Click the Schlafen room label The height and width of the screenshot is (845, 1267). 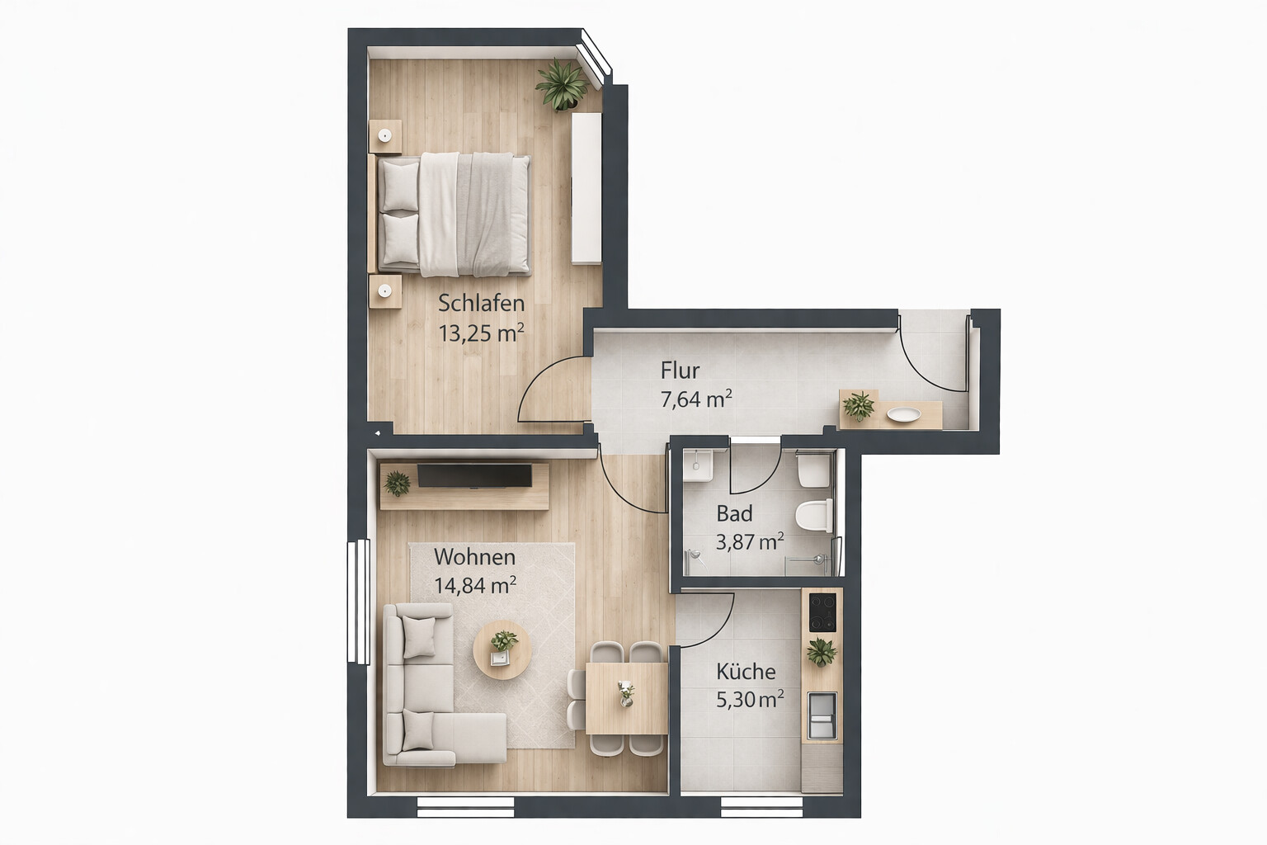coord(482,304)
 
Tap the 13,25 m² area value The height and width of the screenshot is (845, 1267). coord(482,333)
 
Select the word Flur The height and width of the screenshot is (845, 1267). coord(680,371)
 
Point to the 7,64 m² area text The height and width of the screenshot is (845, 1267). coord(696,399)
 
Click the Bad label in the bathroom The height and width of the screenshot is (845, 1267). coord(734,514)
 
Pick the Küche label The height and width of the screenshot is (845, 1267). coord(746,672)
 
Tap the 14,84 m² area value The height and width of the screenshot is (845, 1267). coord(475,585)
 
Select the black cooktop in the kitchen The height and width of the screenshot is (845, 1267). coord(822,611)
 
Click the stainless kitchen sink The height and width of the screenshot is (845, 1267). coord(822,715)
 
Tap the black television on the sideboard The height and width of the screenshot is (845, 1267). coord(474,475)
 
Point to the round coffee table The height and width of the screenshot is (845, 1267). coord(502,649)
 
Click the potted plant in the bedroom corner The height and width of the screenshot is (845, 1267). coord(562,86)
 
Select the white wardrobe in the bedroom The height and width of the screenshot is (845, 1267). coord(586,188)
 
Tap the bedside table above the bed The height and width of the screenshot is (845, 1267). coord(385,136)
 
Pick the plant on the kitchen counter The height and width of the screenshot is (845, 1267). coord(822,652)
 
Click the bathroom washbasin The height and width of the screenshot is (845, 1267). coord(697,465)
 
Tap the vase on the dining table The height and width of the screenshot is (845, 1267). coord(625,694)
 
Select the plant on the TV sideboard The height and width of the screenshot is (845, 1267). coord(397,484)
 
